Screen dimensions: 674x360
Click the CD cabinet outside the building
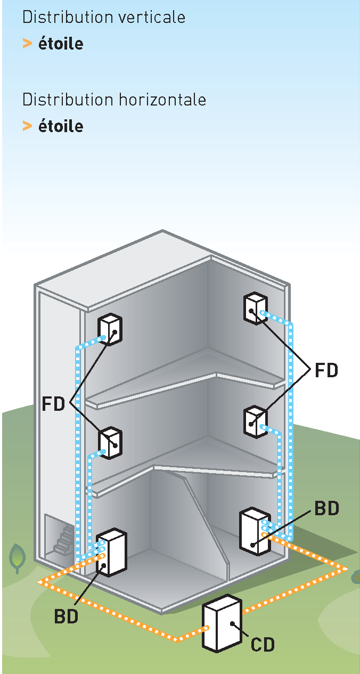pyautogui.click(x=222, y=623)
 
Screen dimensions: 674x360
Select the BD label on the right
pyautogui.click(x=326, y=509)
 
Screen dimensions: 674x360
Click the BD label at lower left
pyautogui.click(x=66, y=616)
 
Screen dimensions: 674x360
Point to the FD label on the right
pyautogui.click(x=326, y=370)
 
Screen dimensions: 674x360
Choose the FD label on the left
pyautogui.click(x=53, y=404)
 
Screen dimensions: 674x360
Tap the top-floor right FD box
pyautogui.click(x=255, y=308)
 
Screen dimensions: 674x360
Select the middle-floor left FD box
pyautogui.click(x=110, y=443)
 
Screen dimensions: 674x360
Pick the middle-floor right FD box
pyautogui.click(x=255, y=421)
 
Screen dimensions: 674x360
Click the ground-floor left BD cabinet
pyautogui.click(x=111, y=552)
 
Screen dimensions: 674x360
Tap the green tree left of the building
pyautogui.click(x=18, y=557)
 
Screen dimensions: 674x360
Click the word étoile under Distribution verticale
pyautogui.click(x=61, y=44)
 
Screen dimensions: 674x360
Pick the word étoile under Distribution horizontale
pyautogui.click(x=61, y=126)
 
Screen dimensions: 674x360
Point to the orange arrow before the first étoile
pyautogui.click(x=27, y=44)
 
